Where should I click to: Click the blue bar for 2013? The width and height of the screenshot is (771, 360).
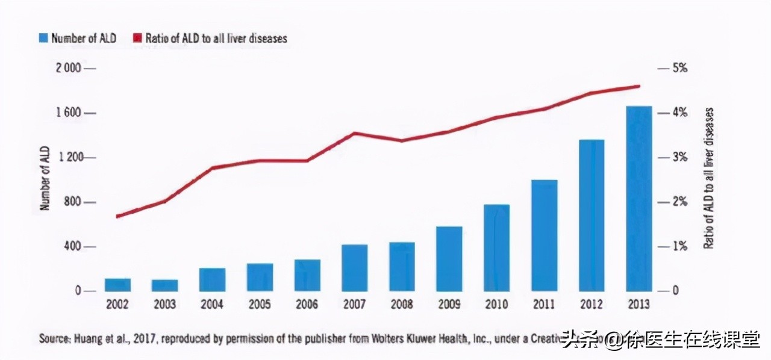pos(638,199)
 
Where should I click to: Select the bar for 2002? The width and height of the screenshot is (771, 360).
pos(117,285)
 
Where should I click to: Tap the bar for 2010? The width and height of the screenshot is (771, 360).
pos(496,248)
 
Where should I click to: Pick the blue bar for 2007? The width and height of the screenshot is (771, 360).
pos(354,268)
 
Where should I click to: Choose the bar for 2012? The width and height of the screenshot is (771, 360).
pos(591,216)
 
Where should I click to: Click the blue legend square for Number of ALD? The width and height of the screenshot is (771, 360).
pos(43,39)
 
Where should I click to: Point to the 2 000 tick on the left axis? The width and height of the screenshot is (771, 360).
pos(68,69)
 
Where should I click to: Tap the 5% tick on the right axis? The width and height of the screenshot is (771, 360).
pos(679,69)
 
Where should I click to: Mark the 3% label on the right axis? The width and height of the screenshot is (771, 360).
pos(679,158)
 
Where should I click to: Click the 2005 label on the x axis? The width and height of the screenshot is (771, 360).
pos(260,305)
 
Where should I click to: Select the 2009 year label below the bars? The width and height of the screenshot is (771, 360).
pos(449,305)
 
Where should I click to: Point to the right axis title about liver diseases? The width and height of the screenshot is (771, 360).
pos(709,178)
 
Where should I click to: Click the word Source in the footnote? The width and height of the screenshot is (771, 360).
pos(54,339)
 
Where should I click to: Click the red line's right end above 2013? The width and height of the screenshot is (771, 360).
pos(638,86)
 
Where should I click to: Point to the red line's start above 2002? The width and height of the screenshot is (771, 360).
pos(117,216)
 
